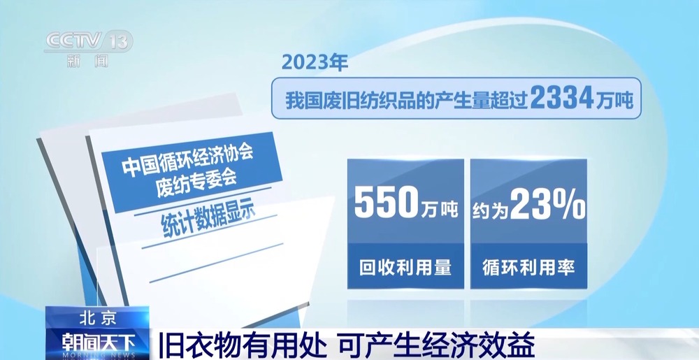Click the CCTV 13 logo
pyautogui.click(x=88, y=43)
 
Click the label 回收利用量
pyautogui.click(x=405, y=266)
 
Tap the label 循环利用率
pyautogui.click(x=528, y=266)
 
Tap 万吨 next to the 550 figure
pyautogui.click(x=438, y=208)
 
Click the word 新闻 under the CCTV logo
pyautogui.click(x=88, y=61)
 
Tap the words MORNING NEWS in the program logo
pyautogui.click(x=97, y=354)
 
